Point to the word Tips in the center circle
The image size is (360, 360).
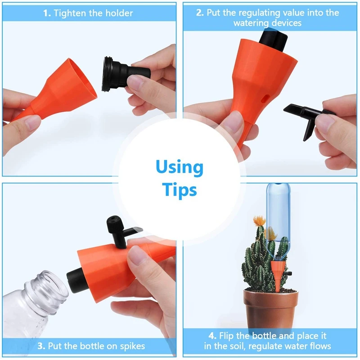point(180,190)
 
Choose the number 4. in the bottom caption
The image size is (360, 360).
point(212,336)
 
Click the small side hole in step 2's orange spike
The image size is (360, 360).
point(265,98)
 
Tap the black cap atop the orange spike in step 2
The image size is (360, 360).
point(274,40)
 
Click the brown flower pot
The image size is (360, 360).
point(271,310)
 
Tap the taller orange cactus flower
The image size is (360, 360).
point(260,220)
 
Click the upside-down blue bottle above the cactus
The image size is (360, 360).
point(278,218)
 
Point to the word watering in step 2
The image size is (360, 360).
point(250,23)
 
